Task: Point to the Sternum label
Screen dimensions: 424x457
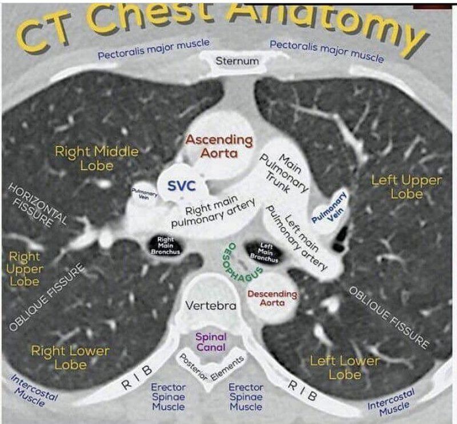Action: coord(236,61)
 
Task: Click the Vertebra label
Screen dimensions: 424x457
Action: coord(211,306)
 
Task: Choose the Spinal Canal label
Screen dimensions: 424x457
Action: coord(211,342)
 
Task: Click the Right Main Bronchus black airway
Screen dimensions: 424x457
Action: coord(166,245)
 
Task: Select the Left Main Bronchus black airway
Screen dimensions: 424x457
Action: coord(265,252)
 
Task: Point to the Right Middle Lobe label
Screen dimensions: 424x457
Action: coord(97,158)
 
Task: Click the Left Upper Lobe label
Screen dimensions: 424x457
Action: coord(406,187)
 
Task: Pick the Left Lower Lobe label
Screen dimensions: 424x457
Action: coord(344,367)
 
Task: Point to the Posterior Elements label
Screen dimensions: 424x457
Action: coord(211,367)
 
